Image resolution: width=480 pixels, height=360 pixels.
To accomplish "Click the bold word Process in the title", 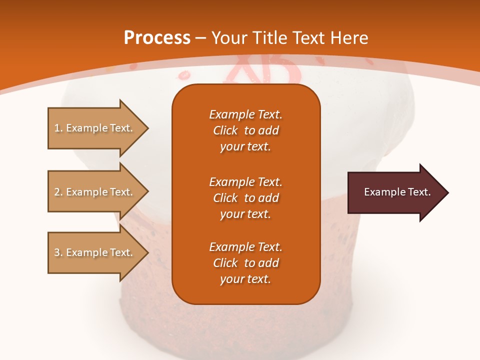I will [x=157, y=38].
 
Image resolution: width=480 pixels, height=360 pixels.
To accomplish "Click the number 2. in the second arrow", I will [x=58, y=192].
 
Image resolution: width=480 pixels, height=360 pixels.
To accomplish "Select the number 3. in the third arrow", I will [x=58, y=252].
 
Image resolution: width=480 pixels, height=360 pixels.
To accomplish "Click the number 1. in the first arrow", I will [x=58, y=128].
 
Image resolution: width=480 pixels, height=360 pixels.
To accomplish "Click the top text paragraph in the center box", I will [x=245, y=130].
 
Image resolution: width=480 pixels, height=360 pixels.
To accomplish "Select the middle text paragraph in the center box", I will [x=245, y=198].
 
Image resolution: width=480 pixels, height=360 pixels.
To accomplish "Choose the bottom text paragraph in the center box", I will [x=245, y=263].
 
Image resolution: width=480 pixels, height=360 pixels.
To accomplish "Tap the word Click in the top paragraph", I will [x=225, y=130].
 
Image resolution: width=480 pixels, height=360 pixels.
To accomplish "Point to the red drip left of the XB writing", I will [x=184, y=75].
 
